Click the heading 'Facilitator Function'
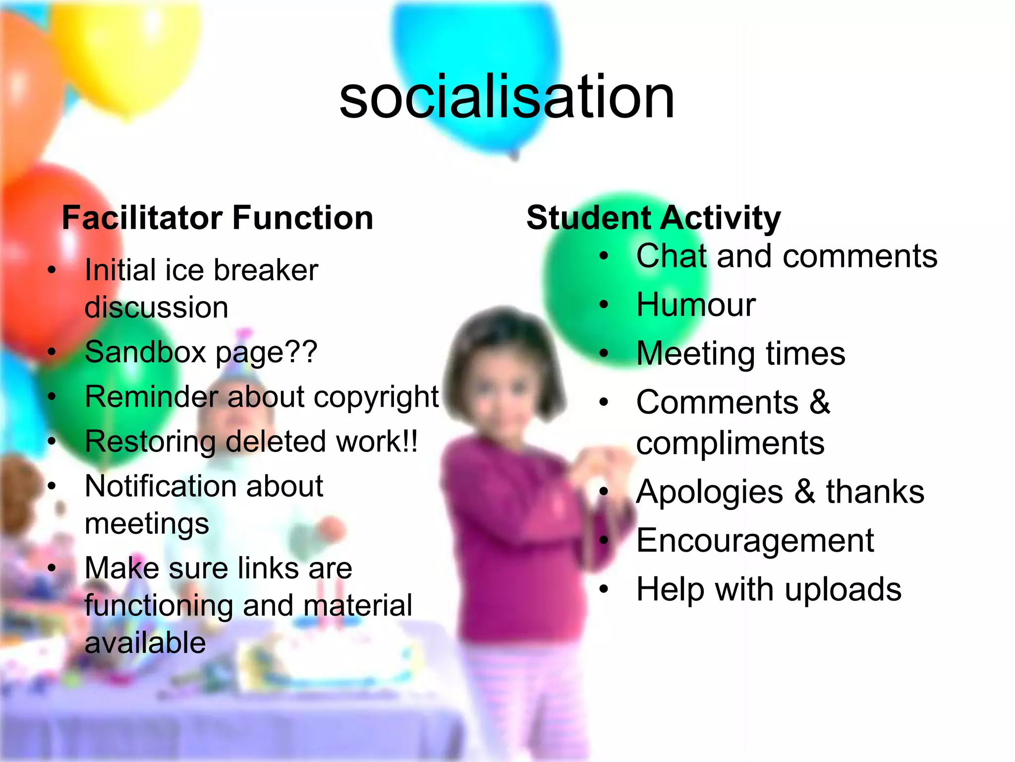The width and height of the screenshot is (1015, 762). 217,218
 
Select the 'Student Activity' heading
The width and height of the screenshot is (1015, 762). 653,218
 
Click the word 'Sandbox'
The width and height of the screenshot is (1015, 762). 145,352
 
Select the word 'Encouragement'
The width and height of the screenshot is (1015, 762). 755,540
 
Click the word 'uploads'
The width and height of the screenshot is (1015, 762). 843,590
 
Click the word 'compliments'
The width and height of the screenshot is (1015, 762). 730,443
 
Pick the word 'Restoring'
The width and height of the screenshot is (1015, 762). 150,442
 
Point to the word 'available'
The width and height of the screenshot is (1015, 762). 145,642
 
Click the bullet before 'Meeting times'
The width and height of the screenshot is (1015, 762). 603,354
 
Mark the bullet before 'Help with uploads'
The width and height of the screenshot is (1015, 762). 603,589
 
